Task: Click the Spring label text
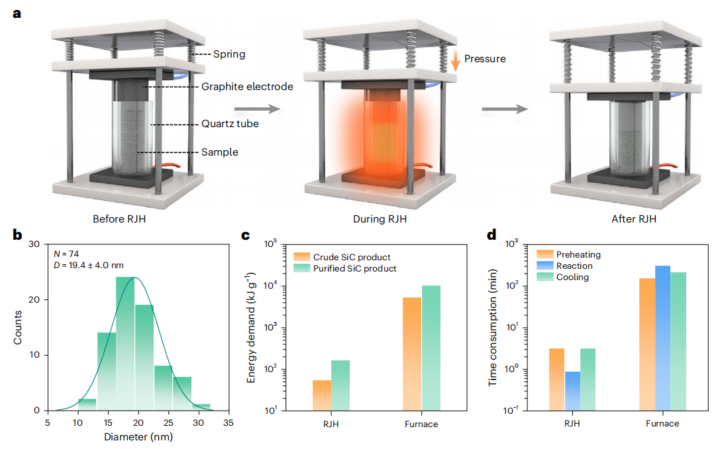pos(229,54)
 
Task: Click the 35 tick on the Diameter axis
pos(228,421)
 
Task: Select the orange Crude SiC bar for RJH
pos(322,395)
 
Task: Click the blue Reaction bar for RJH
pos(573,391)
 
